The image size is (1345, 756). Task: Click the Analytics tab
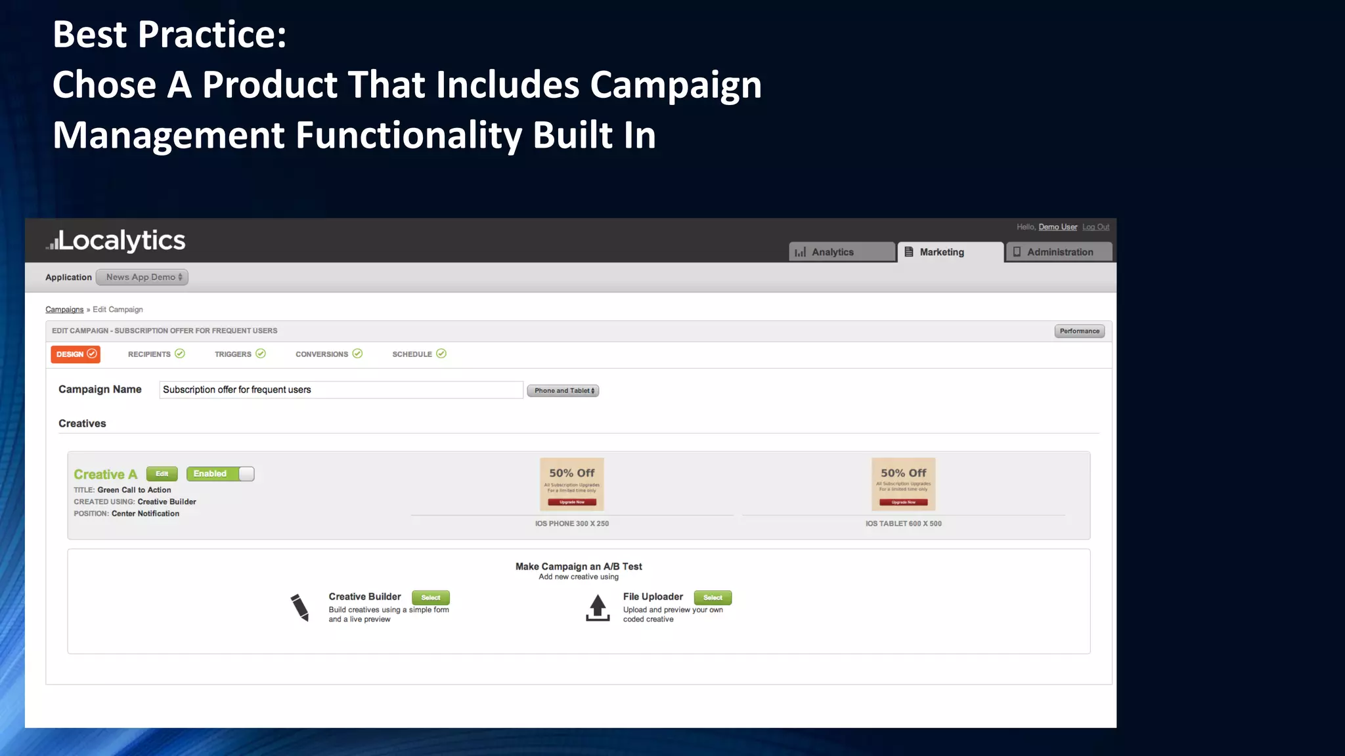(x=841, y=252)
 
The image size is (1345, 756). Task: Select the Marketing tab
(x=950, y=252)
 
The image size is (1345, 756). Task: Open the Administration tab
(x=1059, y=252)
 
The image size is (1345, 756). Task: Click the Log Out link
(x=1095, y=227)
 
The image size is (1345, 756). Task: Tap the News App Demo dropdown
(x=142, y=277)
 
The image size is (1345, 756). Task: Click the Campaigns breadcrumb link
(x=64, y=310)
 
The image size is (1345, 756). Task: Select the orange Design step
(x=76, y=354)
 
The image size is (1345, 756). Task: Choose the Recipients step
(x=156, y=354)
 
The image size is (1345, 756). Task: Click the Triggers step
(x=240, y=354)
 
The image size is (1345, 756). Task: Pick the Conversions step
(x=328, y=354)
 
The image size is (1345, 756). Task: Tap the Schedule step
(x=419, y=354)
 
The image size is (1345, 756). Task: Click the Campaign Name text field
(x=341, y=390)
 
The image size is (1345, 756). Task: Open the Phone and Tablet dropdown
(x=563, y=390)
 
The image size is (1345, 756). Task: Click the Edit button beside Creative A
(x=162, y=474)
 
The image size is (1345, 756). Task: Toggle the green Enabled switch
(x=220, y=474)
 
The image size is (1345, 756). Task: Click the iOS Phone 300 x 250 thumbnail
(x=571, y=484)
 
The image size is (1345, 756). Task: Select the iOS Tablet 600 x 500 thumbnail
(x=903, y=484)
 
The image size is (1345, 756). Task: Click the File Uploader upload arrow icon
(x=598, y=608)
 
